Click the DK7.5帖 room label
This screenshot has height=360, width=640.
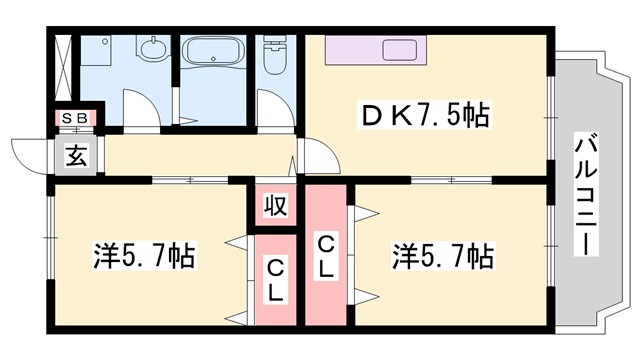click(425, 116)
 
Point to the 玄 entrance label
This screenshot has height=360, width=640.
click(76, 156)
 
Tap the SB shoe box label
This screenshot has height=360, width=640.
click(75, 119)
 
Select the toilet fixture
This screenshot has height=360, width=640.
click(272, 58)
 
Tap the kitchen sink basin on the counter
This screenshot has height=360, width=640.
click(403, 49)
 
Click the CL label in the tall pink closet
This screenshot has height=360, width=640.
click(326, 256)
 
